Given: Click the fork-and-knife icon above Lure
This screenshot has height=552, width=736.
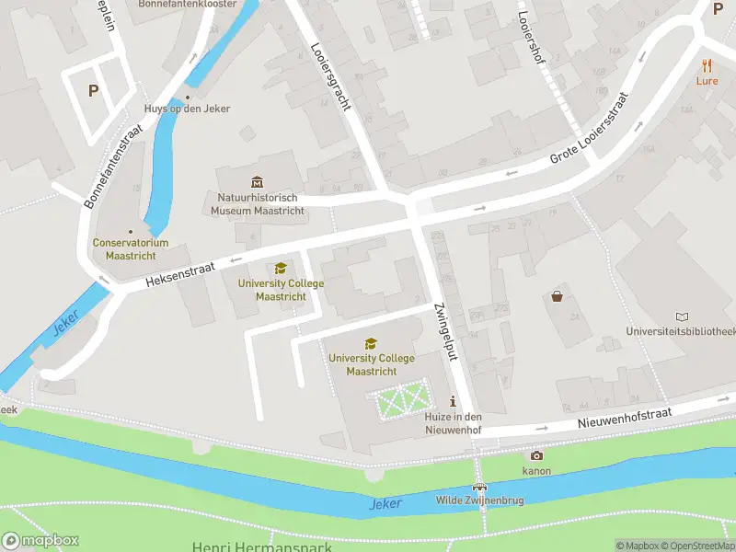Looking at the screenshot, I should pyautogui.click(x=707, y=64).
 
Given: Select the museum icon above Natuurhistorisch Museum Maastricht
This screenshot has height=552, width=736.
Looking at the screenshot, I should pyautogui.click(x=257, y=181).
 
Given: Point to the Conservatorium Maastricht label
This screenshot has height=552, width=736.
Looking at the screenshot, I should pyautogui.click(x=130, y=248).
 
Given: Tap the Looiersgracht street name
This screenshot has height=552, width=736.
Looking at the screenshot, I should pyautogui.click(x=331, y=78).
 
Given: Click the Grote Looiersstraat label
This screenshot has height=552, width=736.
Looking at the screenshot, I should pyautogui.click(x=589, y=129).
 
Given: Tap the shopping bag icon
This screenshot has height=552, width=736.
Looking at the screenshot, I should pyautogui.click(x=558, y=296).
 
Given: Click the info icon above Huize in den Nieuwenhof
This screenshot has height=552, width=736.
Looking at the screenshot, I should pyautogui.click(x=452, y=402).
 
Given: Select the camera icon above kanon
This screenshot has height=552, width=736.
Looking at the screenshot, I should pyautogui.click(x=536, y=455).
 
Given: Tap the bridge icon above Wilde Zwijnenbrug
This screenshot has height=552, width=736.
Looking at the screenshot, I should pyautogui.click(x=478, y=487).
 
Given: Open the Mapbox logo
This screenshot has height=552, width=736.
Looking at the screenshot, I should pyautogui.click(x=40, y=541).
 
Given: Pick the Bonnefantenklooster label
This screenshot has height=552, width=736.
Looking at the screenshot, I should pyautogui.click(x=187, y=4).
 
